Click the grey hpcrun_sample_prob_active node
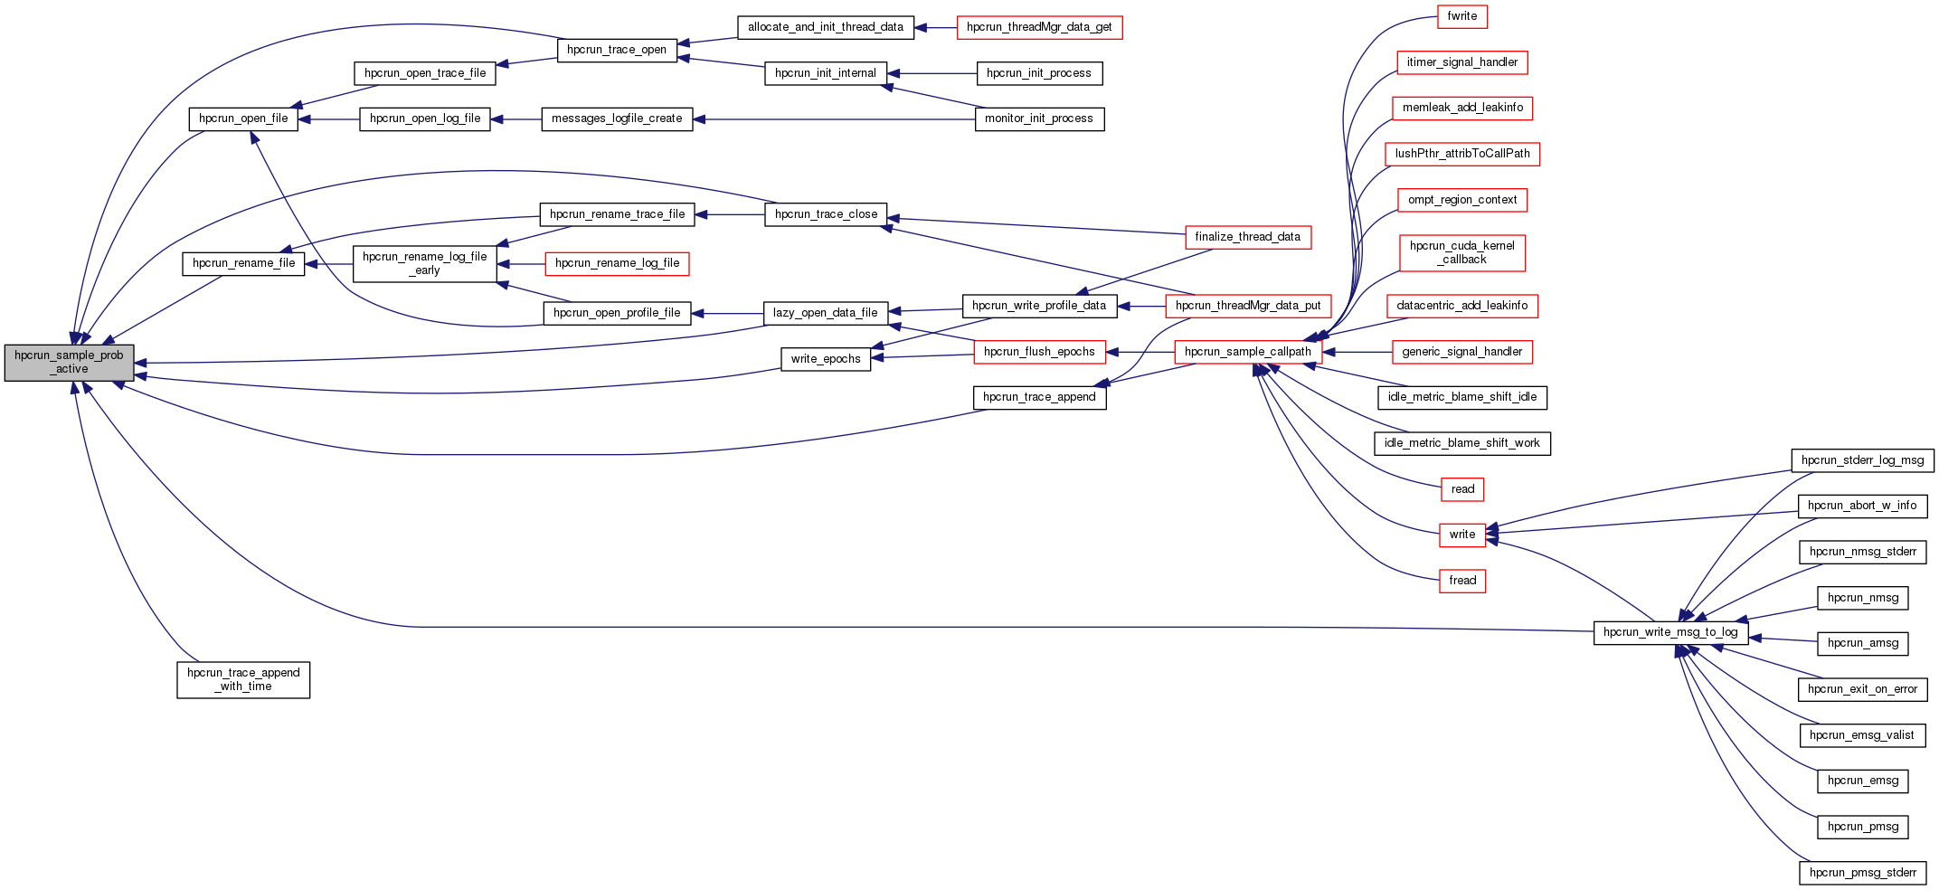click(x=69, y=363)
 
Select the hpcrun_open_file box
click(x=243, y=118)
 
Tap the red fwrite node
click(x=1461, y=16)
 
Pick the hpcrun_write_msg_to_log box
click(x=1669, y=632)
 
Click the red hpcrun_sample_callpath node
click(x=1247, y=352)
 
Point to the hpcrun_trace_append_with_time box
click(x=243, y=679)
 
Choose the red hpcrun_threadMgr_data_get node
click(x=1039, y=27)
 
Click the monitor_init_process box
click(x=1038, y=118)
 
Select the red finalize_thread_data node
click(x=1247, y=237)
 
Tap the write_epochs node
click(x=825, y=359)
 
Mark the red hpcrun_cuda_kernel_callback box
click(x=1461, y=252)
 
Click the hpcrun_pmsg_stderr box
click(x=1862, y=873)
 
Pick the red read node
click(x=1461, y=489)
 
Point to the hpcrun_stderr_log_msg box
click(x=1862, y=460)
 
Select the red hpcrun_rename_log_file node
click(x=617, y=263)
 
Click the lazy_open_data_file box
click(x=825, y=313)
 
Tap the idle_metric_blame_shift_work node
click(x=1461, y=443)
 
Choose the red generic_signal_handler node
click(x=1461, y=352)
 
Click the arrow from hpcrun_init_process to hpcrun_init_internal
click(x=932, y=73)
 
